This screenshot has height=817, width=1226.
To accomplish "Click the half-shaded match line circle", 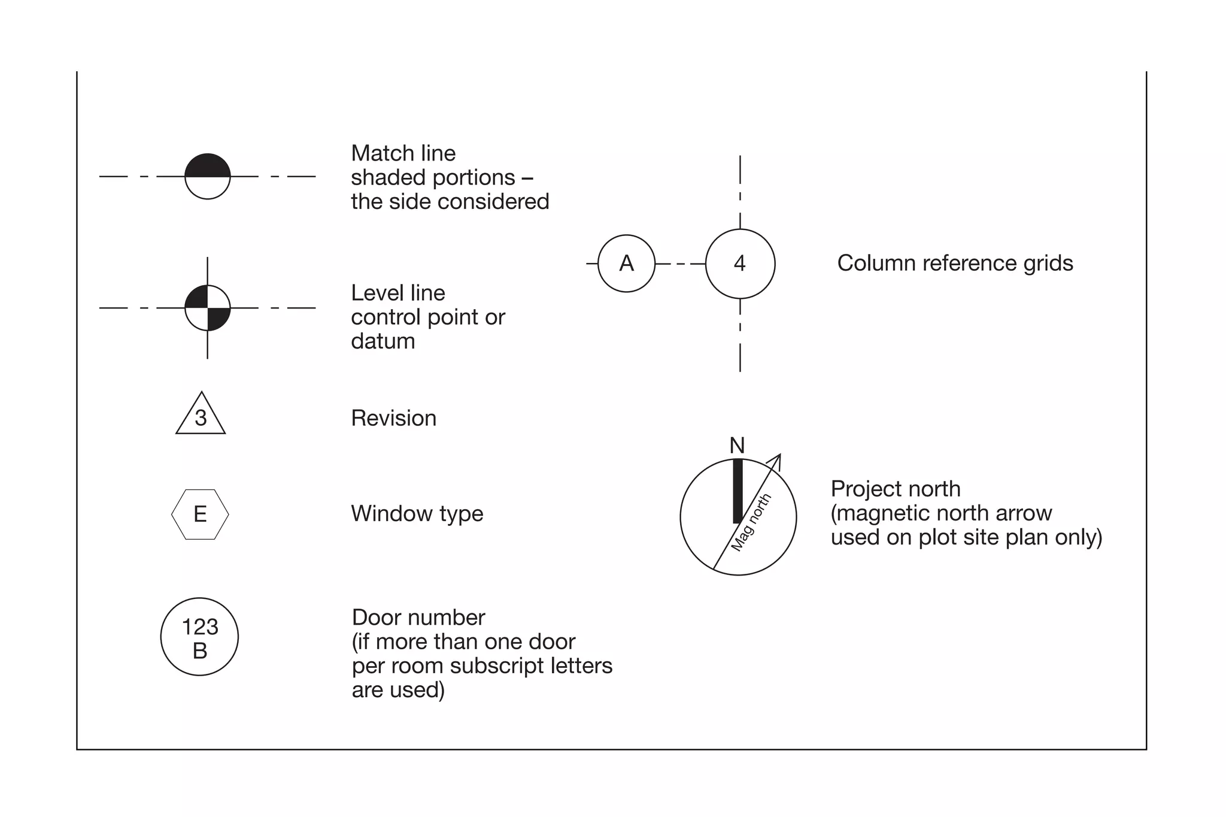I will tap(207, 176).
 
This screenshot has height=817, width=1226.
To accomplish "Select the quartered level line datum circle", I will tap(207, 308).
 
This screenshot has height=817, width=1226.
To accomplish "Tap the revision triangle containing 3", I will tap(201, 416).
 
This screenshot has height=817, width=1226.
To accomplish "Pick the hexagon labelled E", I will tap(200, 515).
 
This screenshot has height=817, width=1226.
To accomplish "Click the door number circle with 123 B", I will tap(199, 637).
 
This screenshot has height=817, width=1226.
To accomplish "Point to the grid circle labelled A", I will tap(626, 264).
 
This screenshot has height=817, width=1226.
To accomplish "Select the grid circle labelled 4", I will tap(740, 264).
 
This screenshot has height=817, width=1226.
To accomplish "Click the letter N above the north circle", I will tap(737, 446).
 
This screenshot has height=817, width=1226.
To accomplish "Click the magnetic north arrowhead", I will tap(776, 460).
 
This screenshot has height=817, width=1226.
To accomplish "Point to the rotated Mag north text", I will tap(752, 522).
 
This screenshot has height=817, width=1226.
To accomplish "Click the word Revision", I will tap(393, 418).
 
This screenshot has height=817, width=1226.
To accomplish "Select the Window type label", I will tap(417, 514).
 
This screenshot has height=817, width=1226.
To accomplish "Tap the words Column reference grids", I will tap(955, 264).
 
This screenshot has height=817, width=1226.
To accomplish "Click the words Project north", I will tap(895, 489).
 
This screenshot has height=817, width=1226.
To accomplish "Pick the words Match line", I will tap(403, 153).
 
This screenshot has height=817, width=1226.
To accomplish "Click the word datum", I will tap(383, 341).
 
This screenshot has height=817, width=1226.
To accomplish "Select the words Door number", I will tap(418, 618).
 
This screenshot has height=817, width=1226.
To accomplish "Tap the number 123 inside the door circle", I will tap(199, 627).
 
